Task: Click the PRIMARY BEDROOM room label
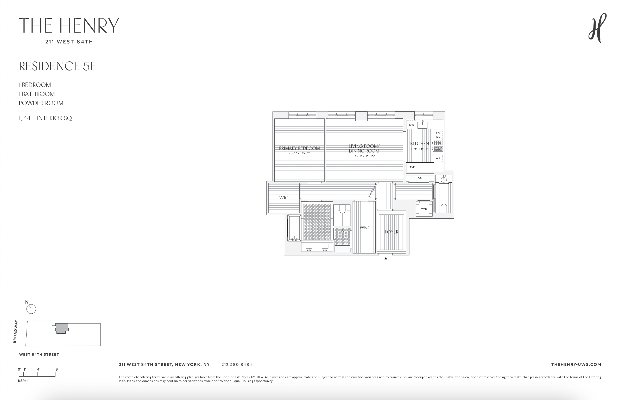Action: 299,148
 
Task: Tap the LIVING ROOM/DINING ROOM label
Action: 364,149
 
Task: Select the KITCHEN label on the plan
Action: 419,144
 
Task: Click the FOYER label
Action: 391,232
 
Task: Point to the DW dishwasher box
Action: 412,125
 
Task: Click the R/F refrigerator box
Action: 412,167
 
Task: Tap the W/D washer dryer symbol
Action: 424,209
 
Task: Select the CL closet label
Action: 420,178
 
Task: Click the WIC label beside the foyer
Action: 364,227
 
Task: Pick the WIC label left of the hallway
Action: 284,198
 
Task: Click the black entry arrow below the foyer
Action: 386,258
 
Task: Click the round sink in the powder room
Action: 444,180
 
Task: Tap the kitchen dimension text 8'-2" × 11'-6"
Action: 420,149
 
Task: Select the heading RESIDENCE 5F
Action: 57,66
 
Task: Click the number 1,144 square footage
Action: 25,118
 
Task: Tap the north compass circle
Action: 31,309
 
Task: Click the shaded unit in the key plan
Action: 62,328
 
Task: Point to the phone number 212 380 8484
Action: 237,365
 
